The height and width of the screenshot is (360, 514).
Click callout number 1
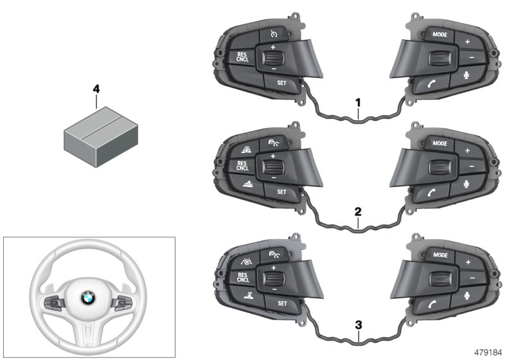(x=359, y=102)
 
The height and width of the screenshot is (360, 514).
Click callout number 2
(x=359, y=211)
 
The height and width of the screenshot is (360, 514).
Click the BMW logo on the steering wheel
(x=87, y=299)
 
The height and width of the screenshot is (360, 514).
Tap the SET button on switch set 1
(x=281, y=82)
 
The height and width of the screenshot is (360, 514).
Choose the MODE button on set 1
(x=440, y=34)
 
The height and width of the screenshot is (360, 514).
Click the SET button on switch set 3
(x=281, y=301)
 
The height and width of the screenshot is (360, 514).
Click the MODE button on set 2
(x=440, y=143)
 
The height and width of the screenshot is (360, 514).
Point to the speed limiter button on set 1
(x=273, y=34)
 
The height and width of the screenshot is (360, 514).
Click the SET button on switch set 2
(x=281, y=192)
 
